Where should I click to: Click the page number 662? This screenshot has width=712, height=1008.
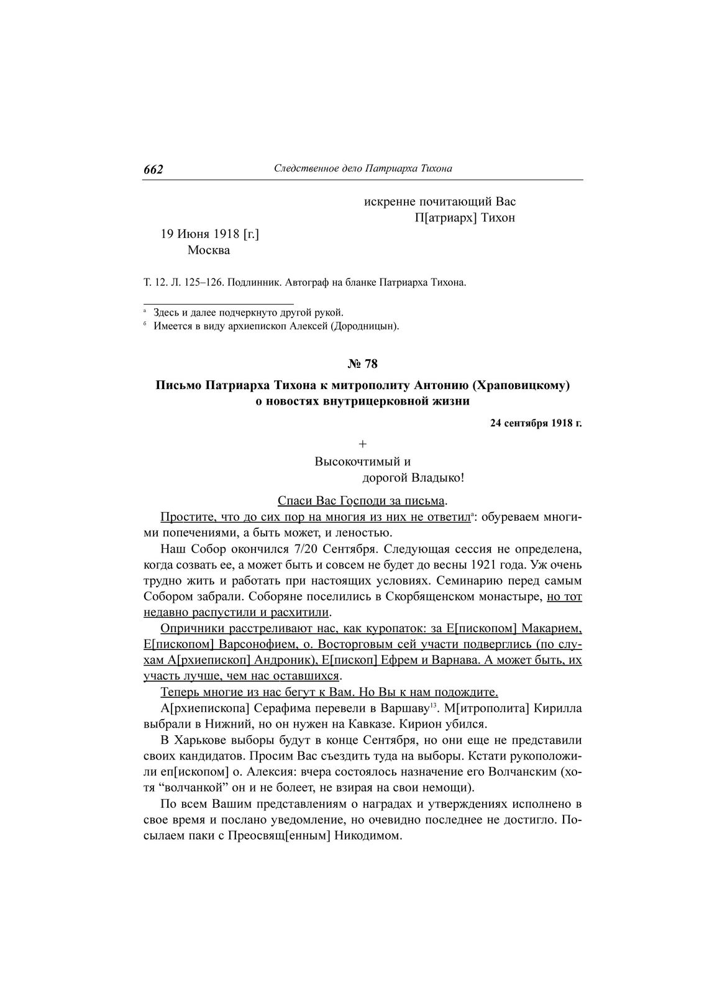tap(153, 170)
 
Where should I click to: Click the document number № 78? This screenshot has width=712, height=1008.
tap(362, 364)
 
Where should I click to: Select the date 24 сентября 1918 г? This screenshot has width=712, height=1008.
tap(536, 424)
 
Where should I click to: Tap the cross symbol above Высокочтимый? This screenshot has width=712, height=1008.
tap(363, 444)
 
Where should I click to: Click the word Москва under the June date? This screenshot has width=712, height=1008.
tap(208, 250)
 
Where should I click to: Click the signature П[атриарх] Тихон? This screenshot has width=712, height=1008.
tap(465, 218)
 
